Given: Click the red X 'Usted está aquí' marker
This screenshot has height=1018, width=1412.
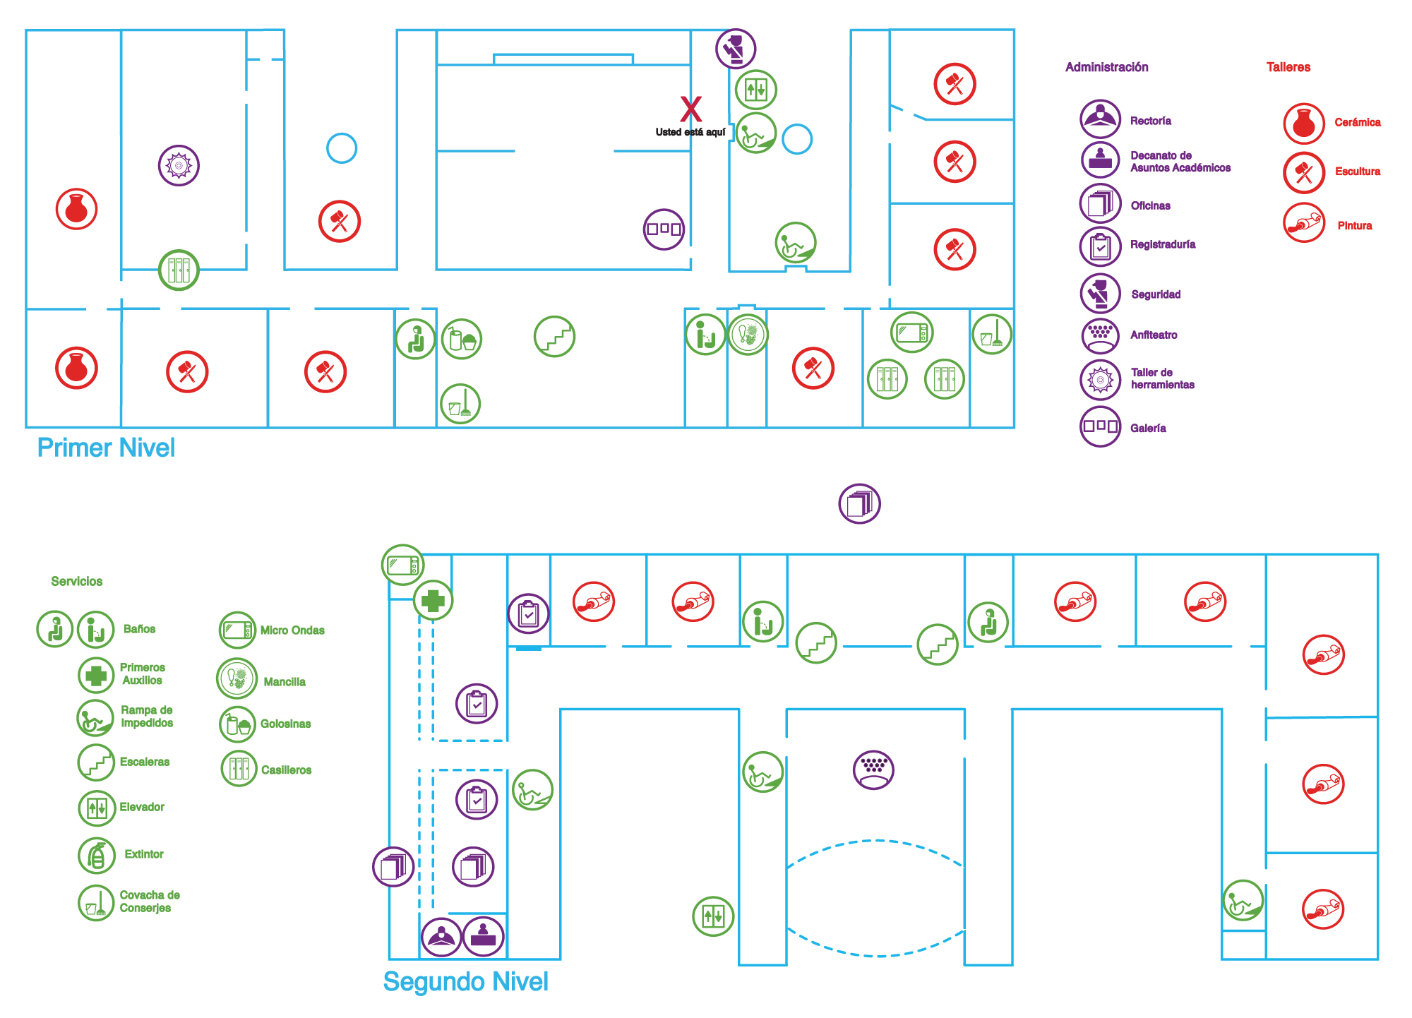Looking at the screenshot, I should tap(690, 109).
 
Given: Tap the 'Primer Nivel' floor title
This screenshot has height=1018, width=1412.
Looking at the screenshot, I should tap(106, 448).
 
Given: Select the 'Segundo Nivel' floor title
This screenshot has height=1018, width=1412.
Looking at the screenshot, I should tap(465, 981).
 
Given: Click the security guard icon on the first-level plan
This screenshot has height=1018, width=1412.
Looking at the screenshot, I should tap(736, 49).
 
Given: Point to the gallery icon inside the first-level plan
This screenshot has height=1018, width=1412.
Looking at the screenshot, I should tap(664, 229).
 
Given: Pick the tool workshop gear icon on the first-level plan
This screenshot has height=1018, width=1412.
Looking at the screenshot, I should tap(179, 166).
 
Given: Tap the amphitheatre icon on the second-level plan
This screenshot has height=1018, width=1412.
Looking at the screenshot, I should tap(873, 769).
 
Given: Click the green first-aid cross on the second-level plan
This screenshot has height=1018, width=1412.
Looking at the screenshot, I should tap(433, 600).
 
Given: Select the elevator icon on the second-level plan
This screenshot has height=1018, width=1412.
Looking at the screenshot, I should tap(713, 916).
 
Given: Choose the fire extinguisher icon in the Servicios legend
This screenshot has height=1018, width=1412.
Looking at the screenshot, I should tap(97, 856).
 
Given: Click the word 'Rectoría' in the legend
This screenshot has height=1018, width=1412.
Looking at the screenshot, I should tap(1150, 121).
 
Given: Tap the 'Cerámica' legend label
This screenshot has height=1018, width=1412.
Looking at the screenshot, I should tap(1357, 122).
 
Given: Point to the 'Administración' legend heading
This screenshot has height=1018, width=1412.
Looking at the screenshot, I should tap(1106, 67).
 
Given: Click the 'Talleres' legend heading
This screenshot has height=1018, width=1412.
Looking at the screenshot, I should tap(1288, 67).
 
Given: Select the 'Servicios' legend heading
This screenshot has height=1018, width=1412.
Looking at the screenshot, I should tap(76, 581).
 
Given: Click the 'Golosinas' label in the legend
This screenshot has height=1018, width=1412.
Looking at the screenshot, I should tap(285, 724).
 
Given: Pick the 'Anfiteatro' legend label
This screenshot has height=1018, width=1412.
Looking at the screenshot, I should tap(1154, 335).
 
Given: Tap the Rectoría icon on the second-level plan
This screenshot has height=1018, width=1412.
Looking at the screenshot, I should tap(441, 938).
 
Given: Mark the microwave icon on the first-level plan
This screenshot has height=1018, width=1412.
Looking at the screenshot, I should tap(912, 332).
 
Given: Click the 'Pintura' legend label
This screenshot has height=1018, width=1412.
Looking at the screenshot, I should tap(1354, 225).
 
